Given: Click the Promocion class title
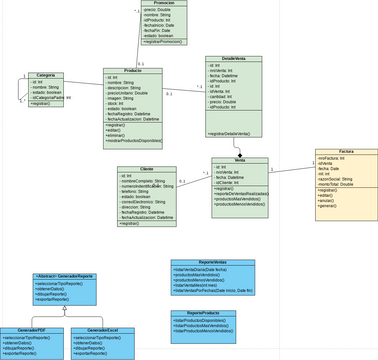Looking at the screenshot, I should pyautogui.click(x=170, y=3).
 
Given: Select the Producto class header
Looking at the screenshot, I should pyautogui.click(x=132, y=71).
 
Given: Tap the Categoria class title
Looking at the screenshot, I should pyautogui.click(x=44, y=76).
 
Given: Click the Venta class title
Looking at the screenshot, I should pyautogui.click(x=239, y=160).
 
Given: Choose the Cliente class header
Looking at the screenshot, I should pyautogui.click(x=146, y=169).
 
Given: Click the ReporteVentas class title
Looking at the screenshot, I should pyautogui.click(x=212, y=261).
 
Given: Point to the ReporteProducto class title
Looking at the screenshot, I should pyautogui.click(x=202, y=312).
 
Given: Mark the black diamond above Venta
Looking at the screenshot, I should pyautogui.click(x=239, y=154).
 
